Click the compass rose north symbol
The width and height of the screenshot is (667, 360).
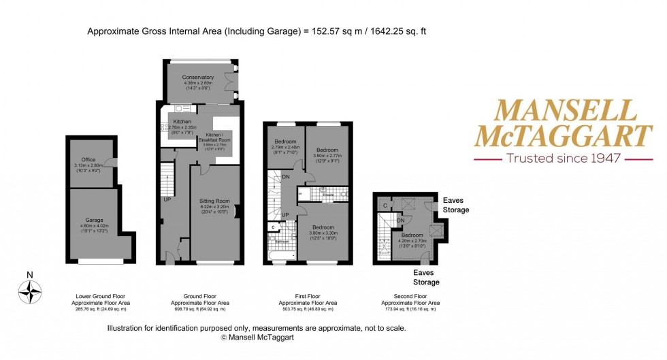click(x=30, y=291)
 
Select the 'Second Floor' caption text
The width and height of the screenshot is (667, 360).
click(x=410, y=297)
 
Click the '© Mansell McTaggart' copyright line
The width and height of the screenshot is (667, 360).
click(x=257, y=337)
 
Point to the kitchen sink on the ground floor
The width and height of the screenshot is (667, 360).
click(x=182, y=109)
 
